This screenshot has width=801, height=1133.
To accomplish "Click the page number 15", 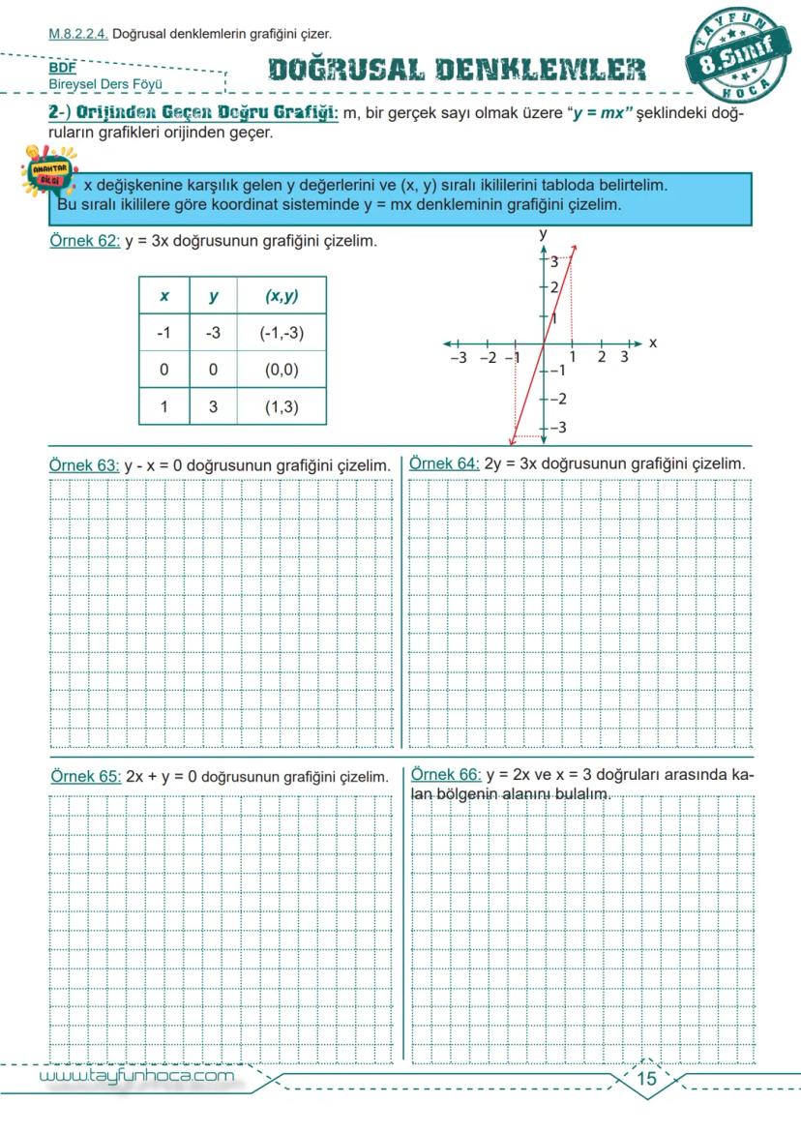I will tap(646, 1079).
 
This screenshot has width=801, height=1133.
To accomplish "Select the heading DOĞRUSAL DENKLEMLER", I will tap(457, 70).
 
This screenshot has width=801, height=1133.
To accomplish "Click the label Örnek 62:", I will tap(84, 241).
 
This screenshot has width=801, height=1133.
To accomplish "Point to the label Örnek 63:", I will tap(84, 465).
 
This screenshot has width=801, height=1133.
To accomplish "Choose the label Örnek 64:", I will tap(444, 463).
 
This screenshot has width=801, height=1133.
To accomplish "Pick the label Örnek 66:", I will tap(446, 775).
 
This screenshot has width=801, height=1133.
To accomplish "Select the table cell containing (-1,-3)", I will tap(282, 333).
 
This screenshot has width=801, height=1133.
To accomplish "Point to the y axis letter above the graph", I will tap(544, 233).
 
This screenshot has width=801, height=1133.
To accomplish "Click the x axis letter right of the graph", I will tap(653, 343).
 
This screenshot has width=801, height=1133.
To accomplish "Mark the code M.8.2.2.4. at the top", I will tap(78, 34).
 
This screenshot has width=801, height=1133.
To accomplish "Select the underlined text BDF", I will tap(62, 69).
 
